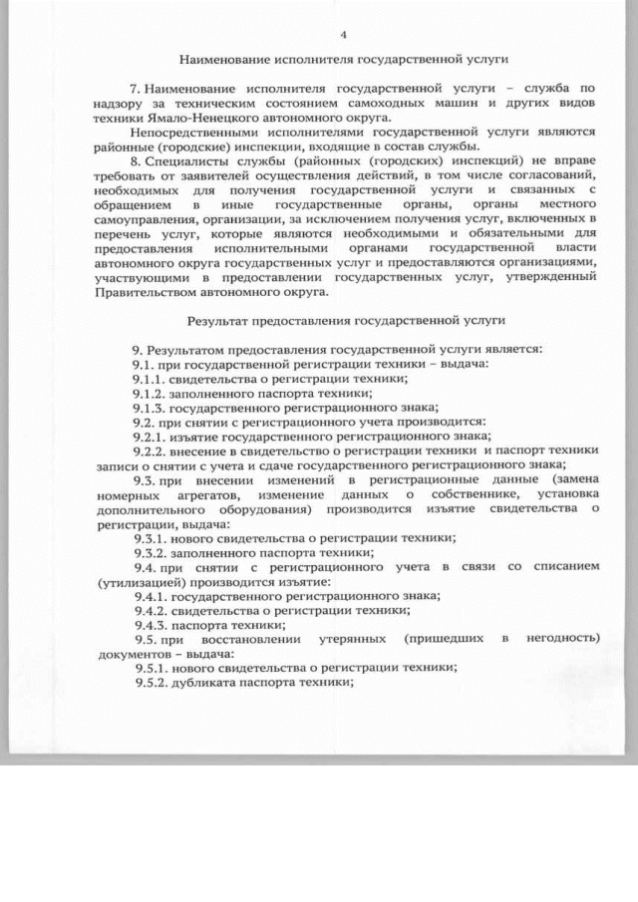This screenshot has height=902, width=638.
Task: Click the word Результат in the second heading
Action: (x=219, y=322)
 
